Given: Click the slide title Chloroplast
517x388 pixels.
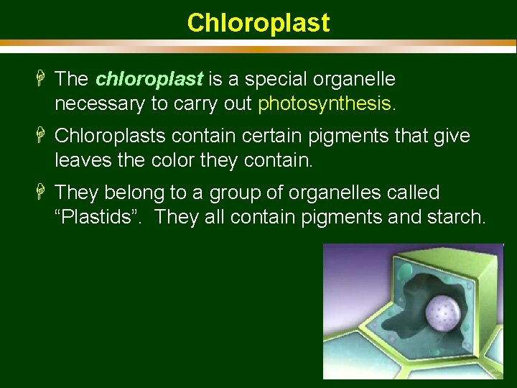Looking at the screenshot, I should click(258, 23).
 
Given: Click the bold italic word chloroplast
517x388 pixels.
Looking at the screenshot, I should click(149, 78).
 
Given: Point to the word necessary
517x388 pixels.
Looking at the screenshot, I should click(99, 103).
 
